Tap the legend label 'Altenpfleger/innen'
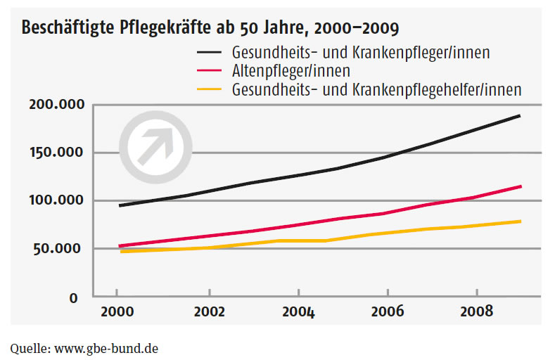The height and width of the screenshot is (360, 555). coord(291,70)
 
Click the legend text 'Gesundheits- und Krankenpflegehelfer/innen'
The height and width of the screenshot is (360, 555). coord(376,89)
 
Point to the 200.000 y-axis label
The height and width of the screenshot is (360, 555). coord(56,105)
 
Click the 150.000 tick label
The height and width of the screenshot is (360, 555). coord(56,153)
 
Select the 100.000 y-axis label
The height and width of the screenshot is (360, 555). coord(56,200)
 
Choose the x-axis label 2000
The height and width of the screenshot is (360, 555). coord(117,311)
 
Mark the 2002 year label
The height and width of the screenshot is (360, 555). coord(209,311)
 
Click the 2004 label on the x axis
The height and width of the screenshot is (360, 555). coord(298,311)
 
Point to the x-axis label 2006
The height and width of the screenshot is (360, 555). coord(388,311)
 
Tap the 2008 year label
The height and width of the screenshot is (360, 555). coord(477,311)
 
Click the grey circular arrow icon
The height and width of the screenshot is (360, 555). coord(155,146)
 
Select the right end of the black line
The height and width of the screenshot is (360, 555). coord(520,115)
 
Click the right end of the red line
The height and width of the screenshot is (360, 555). coord(521,186)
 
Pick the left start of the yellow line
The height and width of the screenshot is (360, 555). coord(120,251)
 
